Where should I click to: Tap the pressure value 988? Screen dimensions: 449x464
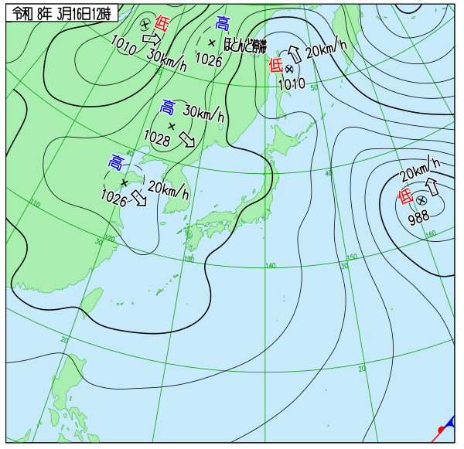418,217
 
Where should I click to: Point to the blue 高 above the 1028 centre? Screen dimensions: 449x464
168,107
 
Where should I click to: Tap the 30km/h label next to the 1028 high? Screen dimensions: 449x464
203,114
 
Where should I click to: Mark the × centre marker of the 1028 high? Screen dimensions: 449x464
172,125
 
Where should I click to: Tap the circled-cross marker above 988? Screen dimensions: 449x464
421,200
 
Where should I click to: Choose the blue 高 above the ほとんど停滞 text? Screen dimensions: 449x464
223,23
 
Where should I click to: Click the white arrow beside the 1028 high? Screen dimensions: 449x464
187,139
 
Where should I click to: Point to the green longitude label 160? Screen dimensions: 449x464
431,233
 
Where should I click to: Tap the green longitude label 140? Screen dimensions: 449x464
270,266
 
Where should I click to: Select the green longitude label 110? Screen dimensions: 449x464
36,204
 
